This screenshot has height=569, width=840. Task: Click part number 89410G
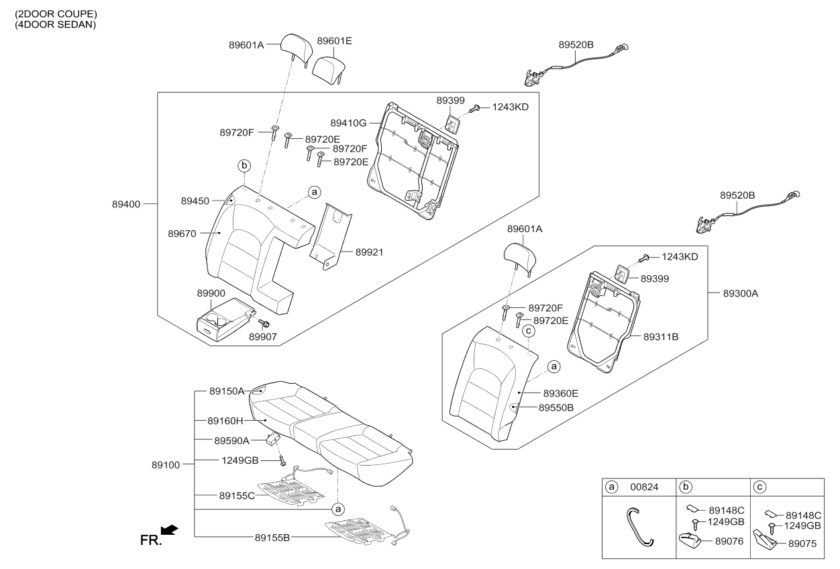coord(348,123)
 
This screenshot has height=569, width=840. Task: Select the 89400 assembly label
coord(126,203)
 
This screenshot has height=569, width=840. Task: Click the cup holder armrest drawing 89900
coord(225,319)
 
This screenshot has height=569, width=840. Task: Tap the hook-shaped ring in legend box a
coord(638,527)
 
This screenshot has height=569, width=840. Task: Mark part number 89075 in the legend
coord(802,545)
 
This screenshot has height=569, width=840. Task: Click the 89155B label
coord(273,537)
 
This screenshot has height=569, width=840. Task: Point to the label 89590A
coord(231,441)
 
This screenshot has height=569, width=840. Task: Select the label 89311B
coord(661,337)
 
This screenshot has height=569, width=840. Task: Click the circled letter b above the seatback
coord(245,165)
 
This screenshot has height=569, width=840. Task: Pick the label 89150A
coord(227,391)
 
